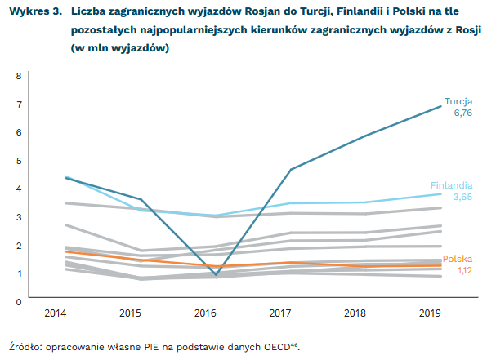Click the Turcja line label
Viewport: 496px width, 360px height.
coord(458,101)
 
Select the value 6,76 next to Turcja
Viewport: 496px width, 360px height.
coord(462,113)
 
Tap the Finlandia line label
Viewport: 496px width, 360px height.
coord(451,185)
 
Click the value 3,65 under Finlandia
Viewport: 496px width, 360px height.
coord(462,197)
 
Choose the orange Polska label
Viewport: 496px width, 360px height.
coord(457,259)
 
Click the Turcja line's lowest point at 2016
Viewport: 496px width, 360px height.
coord(216,275)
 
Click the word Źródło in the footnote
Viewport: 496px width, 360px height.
coord(24,347)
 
